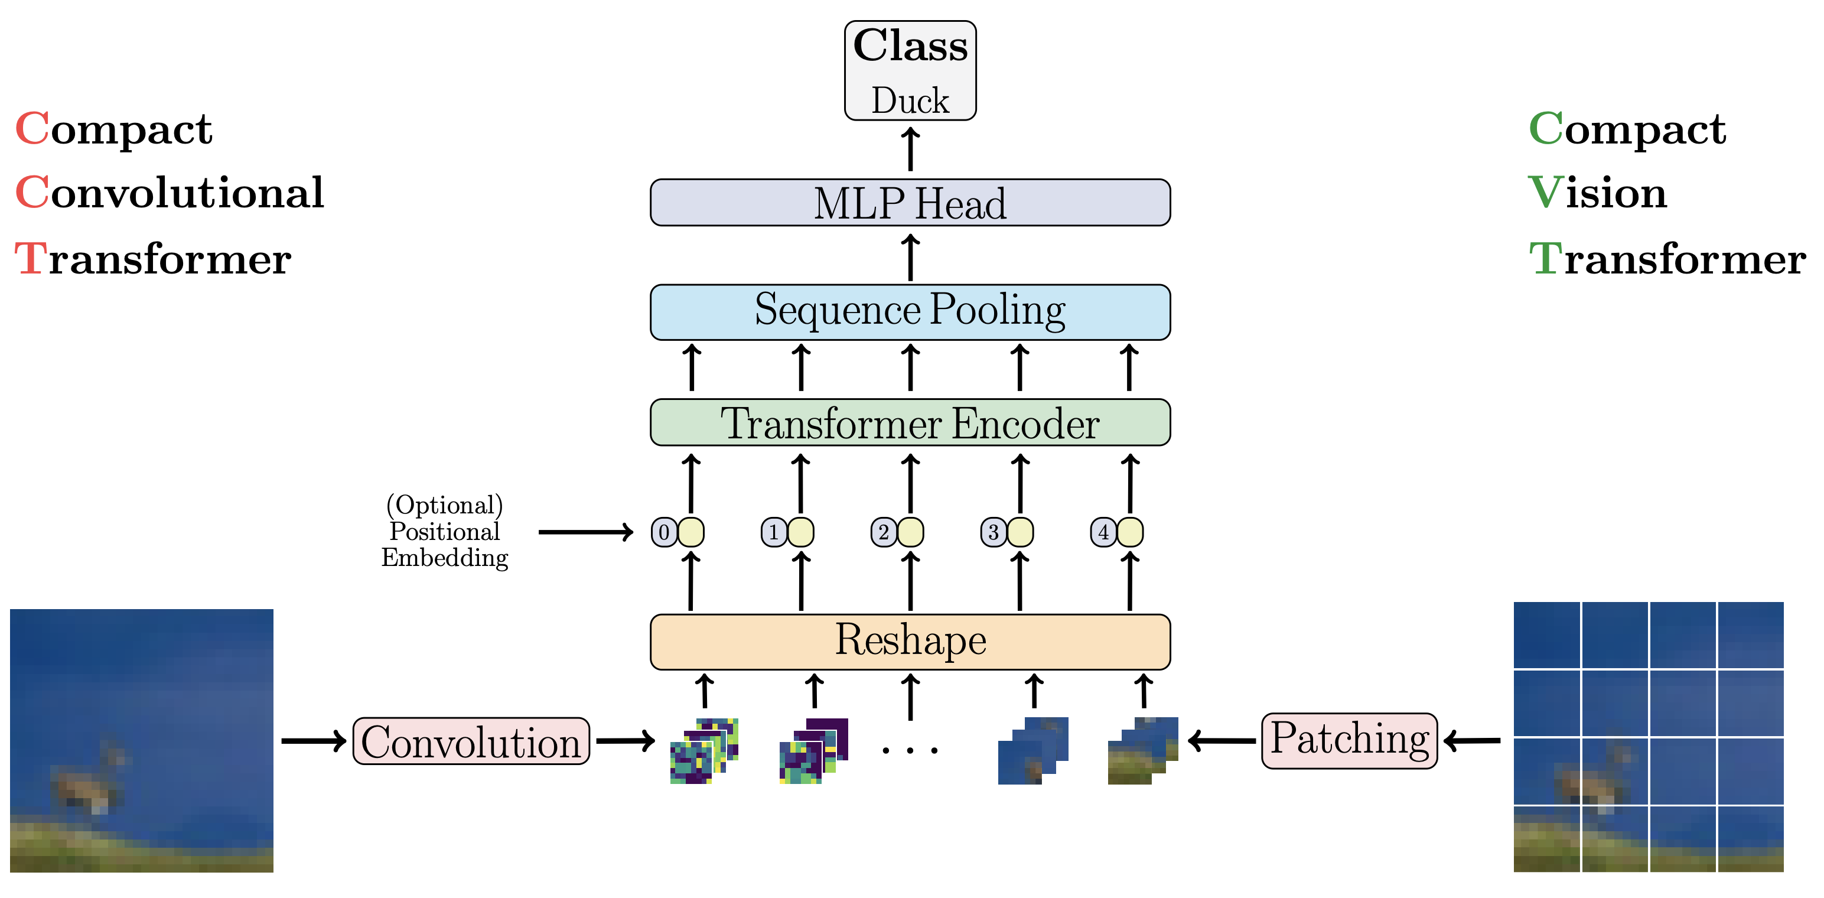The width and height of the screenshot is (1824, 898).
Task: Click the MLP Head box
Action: [x=910, y=203]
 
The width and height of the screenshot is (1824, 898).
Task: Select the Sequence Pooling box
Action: [x=910, y=311]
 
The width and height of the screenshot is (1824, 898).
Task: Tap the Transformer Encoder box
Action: [x=910, y=423]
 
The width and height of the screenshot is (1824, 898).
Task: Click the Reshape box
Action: [x=910, y=642]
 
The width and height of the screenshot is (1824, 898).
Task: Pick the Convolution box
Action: [x=471, y=741]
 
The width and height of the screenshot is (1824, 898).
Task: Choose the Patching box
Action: [x=1349, y=740]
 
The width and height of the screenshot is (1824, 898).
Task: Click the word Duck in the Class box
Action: [x=910, y=100]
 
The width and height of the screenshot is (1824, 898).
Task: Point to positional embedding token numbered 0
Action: [x=664, y=532]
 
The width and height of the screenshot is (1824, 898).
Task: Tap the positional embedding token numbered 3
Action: [x=994, y=532]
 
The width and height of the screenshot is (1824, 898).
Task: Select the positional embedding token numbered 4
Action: [x=1103, y=532]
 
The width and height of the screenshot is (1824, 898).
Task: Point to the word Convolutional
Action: [x=170, y=193]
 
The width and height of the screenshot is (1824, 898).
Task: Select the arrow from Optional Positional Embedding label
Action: [x=585, y=532]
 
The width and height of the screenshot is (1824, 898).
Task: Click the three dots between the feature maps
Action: [x=910, y=749]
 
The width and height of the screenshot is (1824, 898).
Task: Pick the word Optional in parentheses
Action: [x=445, y=506]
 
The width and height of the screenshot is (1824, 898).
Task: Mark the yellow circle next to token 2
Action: [x=911, y=532]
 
